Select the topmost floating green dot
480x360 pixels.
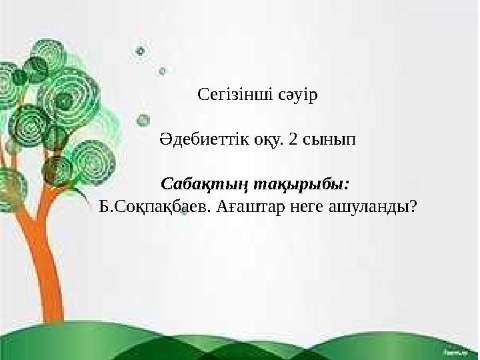140,50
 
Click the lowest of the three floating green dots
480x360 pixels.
142,120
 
